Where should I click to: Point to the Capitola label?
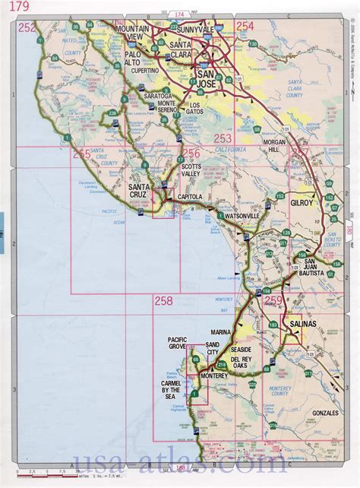[190, 197]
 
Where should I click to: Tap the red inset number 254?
[245, 27]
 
